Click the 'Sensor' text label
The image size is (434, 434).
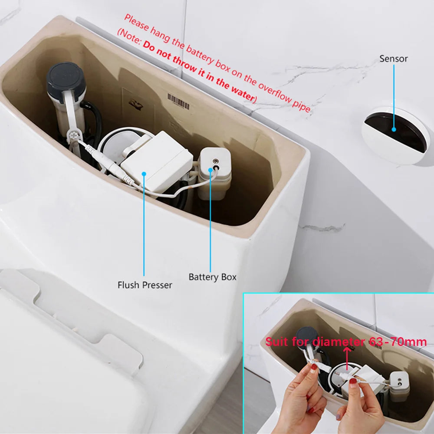coord(394,59)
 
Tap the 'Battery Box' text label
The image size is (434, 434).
coord(212,276)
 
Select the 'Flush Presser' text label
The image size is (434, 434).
coord(145,285)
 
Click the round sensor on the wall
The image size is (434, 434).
coord(396,135)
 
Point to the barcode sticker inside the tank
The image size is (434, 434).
coord(178,102)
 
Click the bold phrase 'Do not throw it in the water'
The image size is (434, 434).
coord(197,71)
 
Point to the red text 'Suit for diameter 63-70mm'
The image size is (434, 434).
coord(346,342)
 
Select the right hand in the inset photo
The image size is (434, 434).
coord(360,404)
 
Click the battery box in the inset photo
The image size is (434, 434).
coord(399,385)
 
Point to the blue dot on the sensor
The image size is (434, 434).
coord(394,128)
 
